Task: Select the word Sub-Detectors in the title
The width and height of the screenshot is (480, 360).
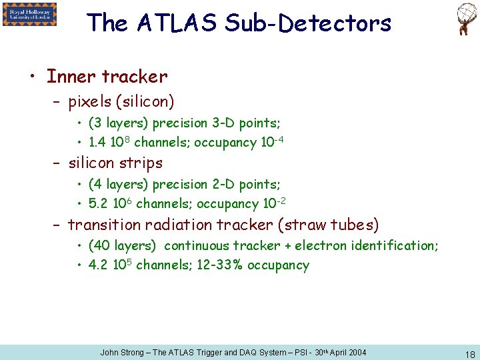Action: pos(308,23)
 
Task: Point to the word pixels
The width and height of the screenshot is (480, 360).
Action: pos(90,102)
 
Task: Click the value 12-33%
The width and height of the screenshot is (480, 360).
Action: pos(220,265)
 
